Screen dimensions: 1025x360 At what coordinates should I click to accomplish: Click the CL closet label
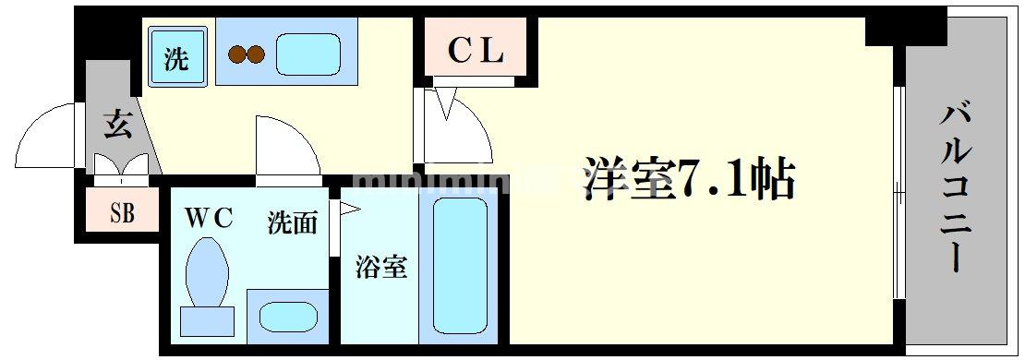click(476, 52)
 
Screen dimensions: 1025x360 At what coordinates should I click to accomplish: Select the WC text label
click(209, 219)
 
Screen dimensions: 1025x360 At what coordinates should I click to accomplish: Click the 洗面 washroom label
click(292, 223)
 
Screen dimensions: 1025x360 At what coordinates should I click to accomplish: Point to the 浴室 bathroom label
click(381, 267)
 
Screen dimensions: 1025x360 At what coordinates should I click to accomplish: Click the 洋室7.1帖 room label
click(688, 178)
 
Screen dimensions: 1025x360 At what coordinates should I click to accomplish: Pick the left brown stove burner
click(237, 54)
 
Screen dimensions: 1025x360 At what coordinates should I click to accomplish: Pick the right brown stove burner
click(256, 54)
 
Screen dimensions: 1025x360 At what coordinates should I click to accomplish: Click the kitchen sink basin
click(310, 54)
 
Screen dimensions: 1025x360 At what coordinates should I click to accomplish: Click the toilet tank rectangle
click(207, 320)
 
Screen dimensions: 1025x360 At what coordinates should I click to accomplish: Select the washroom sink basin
click(288, 317)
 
